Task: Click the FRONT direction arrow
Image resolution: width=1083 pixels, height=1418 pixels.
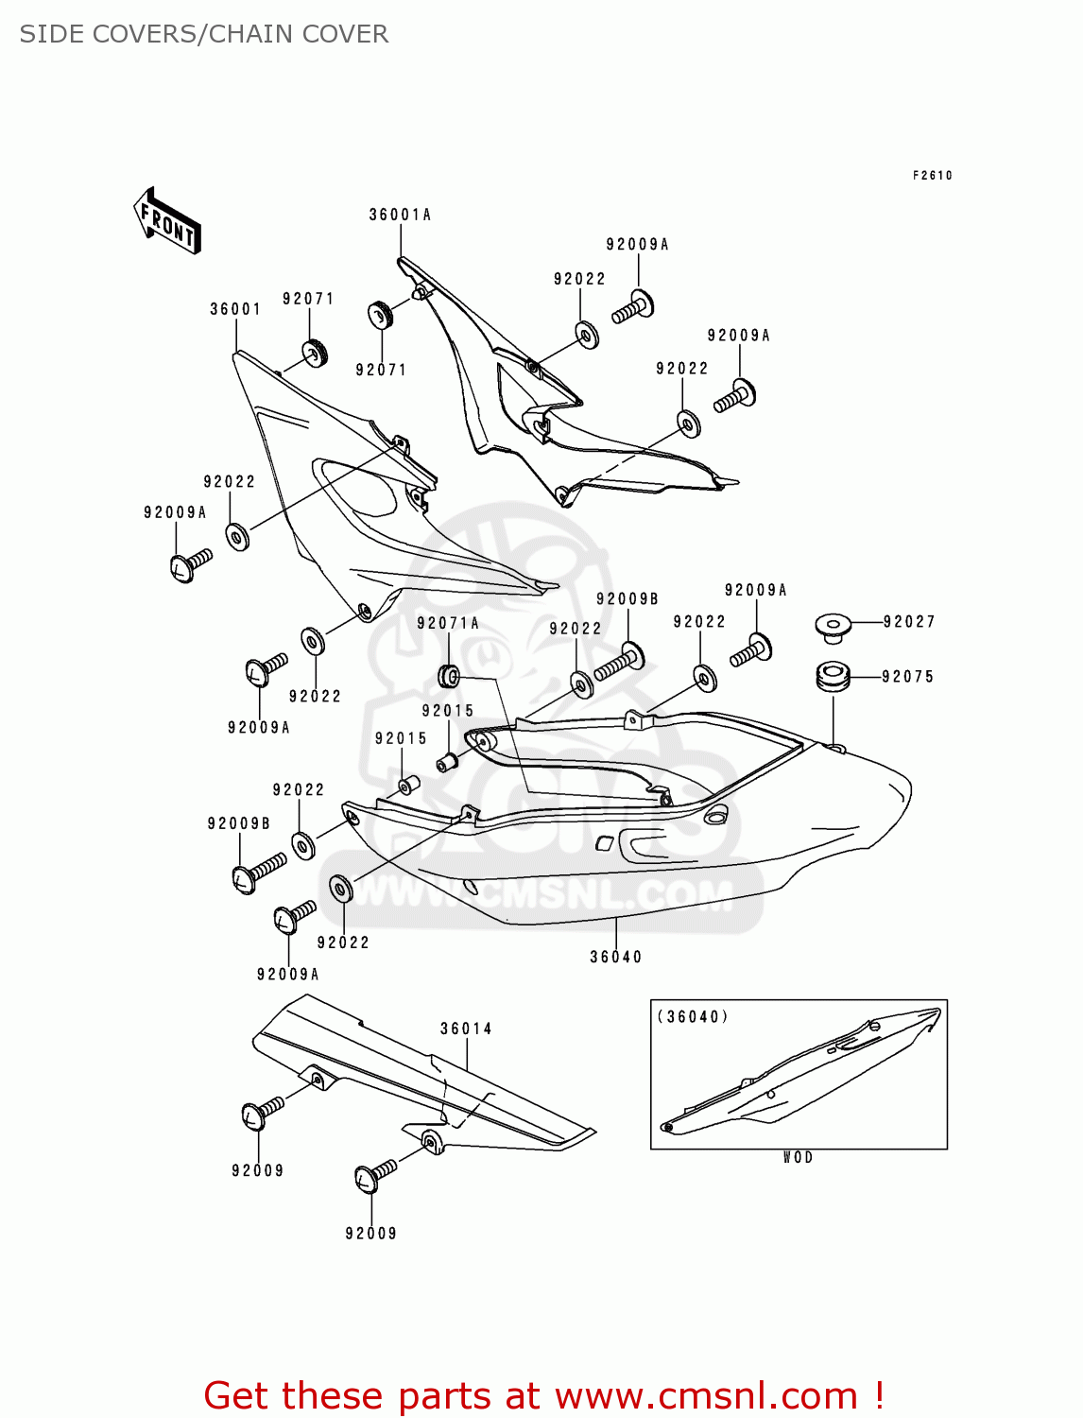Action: tap(167, 221)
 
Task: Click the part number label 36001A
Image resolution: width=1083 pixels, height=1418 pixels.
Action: tap(400, 215)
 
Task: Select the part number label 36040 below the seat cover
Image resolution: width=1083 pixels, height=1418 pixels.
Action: tap(615, 957)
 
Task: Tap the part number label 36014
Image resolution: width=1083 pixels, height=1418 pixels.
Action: tap(466, 1029)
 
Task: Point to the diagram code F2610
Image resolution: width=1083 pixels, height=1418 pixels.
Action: tap(933, 176)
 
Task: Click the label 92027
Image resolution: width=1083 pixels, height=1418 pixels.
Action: tap(909, 621)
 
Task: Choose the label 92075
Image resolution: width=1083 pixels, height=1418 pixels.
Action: tap(907, 676)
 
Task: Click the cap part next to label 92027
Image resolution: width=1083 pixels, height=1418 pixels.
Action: tap(833, 626)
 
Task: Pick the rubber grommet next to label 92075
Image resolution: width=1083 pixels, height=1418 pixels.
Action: tap(833, 677)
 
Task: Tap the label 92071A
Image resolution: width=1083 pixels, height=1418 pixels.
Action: tap(448, 623)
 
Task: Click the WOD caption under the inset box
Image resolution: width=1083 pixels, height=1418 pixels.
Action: tap(798, 1157)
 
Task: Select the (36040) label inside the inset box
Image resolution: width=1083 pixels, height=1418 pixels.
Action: tap(693, 1017)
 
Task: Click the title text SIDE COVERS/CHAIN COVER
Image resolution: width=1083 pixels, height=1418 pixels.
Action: tap(204, 34)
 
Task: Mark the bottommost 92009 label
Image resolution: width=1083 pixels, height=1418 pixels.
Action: tap(370, 1233)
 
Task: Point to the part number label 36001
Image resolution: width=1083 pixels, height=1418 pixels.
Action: tap(235, 309)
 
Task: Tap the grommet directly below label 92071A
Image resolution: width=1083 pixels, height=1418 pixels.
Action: tap(450, 676)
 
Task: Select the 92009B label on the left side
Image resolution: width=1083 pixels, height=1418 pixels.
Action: tap(239, 823)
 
